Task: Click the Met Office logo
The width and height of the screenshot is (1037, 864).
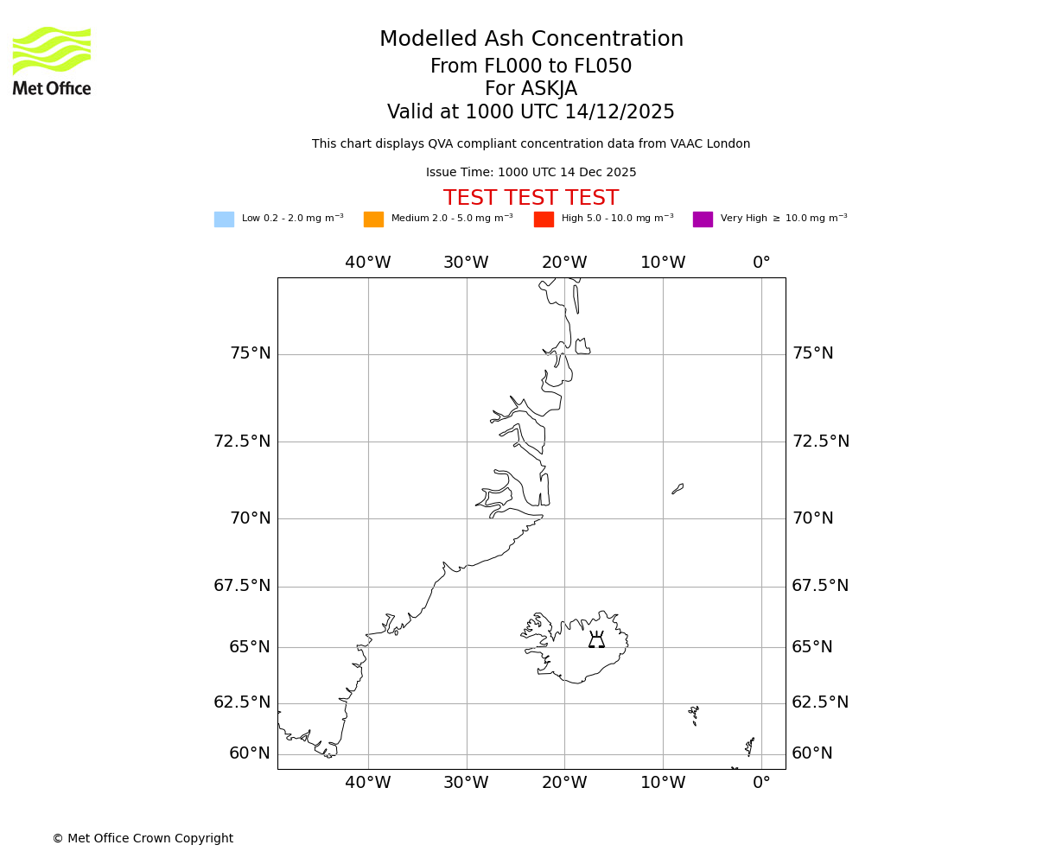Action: click(x=52, y=60)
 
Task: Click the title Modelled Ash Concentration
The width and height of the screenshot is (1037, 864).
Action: click(x=531, y=40)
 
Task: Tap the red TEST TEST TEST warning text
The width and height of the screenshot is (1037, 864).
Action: click(x=531, y=199)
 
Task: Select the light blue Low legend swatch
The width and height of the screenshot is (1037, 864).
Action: click(x=224, y=219)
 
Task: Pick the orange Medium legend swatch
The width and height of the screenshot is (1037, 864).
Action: click(x=373, y=219)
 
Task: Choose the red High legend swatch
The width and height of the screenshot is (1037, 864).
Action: click(x=544, y=219)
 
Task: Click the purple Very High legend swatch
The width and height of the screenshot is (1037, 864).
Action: click(x=703, y=219)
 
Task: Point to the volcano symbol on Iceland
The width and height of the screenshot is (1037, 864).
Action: click(x=596, y=640)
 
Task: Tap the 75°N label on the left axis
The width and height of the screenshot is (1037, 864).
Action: click(x=250, y=353)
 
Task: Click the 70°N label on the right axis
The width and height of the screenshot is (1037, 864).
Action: click(x=813, y=518)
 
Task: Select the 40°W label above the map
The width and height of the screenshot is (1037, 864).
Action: click(x=368, y=263)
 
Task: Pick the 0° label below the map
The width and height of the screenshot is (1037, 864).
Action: click(x=761, y=783)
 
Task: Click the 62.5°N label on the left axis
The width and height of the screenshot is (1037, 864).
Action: click(x=242, y=702)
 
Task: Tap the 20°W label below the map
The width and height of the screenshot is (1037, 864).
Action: click(x=564, y=783)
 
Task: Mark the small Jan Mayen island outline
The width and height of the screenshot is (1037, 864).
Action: click(x=678, y=489)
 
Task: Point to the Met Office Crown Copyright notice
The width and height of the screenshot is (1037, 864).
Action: click(x=143, y=839)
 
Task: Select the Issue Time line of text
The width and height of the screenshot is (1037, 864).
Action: click(x=531, y=173)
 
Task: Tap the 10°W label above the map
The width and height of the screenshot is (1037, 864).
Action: click(x=663, y=263)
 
